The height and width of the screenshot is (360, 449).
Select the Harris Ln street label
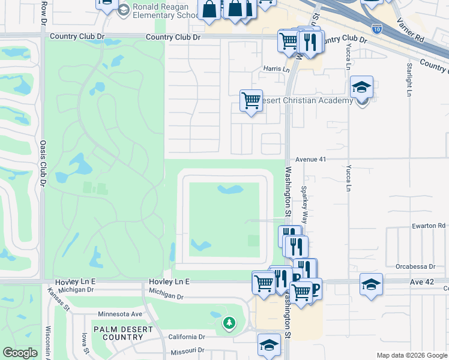(x=276, y=69)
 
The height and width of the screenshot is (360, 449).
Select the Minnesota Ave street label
(x=120, y=314)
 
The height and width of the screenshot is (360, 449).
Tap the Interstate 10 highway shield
(x=376, y=28)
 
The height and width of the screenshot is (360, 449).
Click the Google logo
(x=20, y=353)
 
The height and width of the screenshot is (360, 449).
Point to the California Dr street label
(x=187, y=337)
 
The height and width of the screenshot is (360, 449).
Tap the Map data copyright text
(x=411, y=355)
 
